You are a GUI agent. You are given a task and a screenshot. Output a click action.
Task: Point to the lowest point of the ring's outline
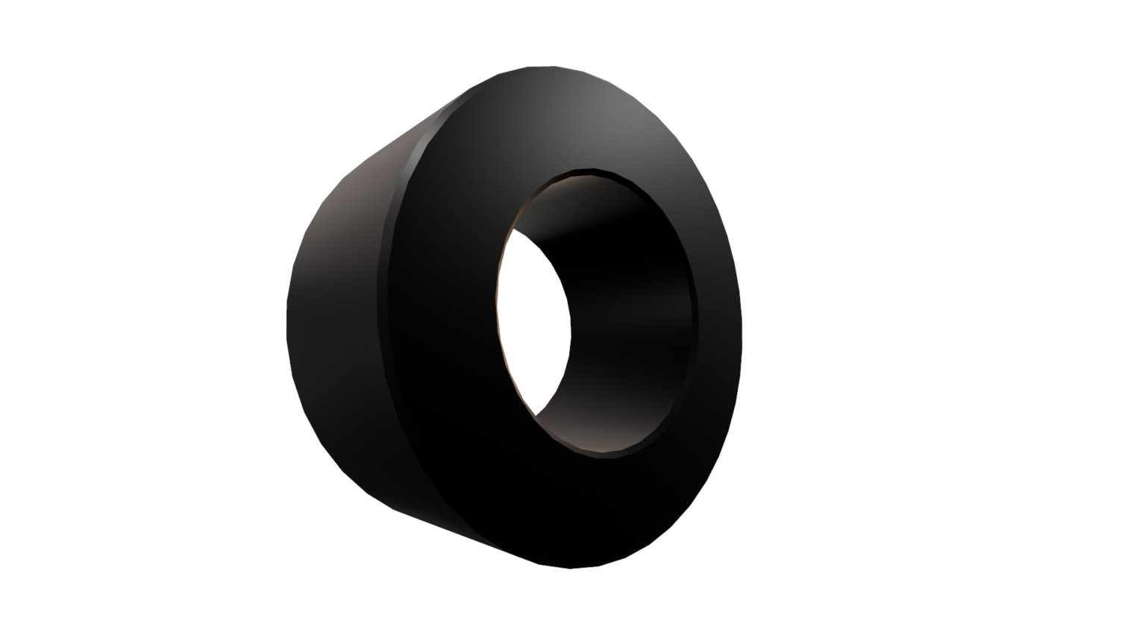(x=571, y=568)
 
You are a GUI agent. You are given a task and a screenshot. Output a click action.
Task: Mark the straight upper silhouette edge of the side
(x=418, y=124)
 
